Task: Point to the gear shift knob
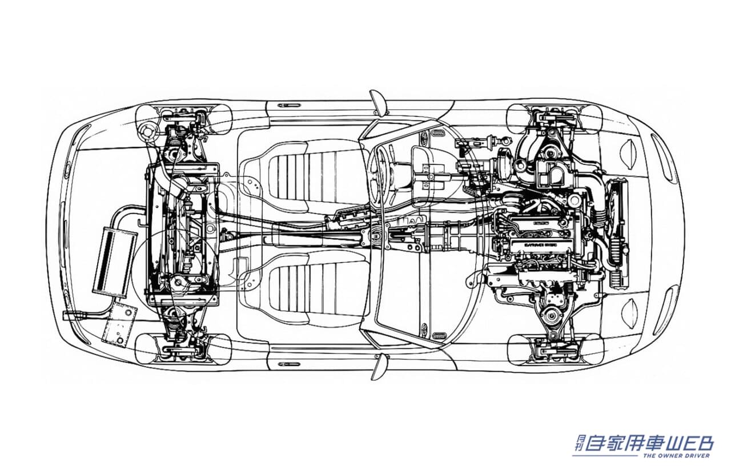[x=376, y=235]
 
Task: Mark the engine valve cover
[x=543, y=234]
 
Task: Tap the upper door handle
[x=289, y=106]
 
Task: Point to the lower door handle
[x=289, y=363]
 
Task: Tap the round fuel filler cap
[x=150, y=131]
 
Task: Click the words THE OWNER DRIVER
[x=676, y=455]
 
